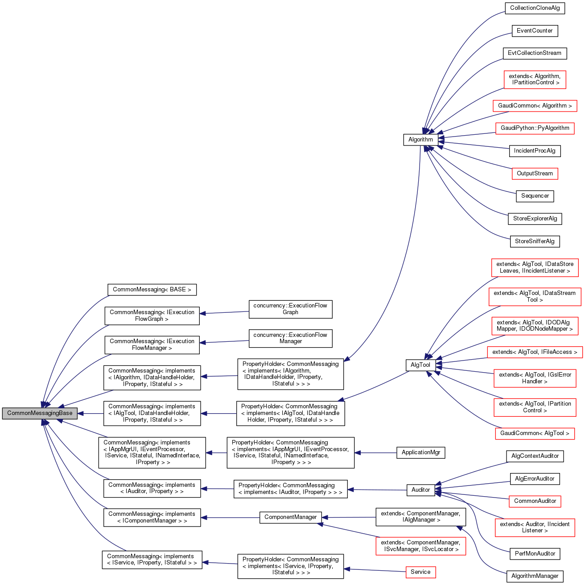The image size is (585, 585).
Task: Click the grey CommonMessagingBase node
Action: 40,413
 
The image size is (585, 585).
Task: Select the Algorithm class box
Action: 420,139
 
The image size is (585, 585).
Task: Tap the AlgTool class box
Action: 420,365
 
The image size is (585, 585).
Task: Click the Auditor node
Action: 420,490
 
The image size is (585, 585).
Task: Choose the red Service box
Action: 420,572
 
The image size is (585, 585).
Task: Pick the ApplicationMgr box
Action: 420,452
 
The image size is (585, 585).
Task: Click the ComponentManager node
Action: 290,517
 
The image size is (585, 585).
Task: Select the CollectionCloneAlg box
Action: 535,8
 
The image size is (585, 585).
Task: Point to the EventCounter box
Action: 535,31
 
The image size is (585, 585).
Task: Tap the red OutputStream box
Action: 535,174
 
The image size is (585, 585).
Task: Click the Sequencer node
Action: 535,196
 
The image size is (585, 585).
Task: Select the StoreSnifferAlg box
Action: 535,241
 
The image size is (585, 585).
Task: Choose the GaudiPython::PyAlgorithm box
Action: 535,128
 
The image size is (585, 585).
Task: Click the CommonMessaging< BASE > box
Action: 152,290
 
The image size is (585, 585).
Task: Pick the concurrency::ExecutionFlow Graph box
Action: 290,309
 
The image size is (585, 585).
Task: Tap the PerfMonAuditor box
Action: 535,554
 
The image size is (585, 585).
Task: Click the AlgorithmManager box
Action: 535,576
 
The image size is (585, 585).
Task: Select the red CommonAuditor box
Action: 535,501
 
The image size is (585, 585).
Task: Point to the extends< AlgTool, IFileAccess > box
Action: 535,352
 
